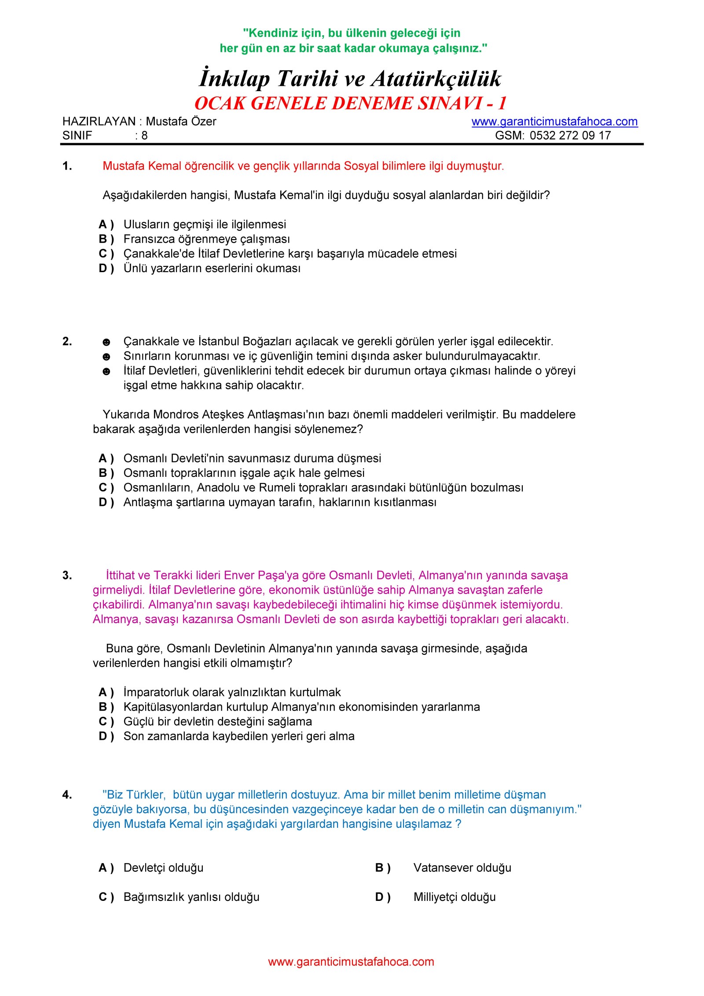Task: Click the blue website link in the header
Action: pos(554,122)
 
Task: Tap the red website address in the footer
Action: pos(351,962)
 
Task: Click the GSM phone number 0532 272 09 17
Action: pos(570,136)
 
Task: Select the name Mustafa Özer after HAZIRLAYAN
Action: pos(181,122)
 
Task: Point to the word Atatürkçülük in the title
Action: pos(436,79)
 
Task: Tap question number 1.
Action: pos(67,166)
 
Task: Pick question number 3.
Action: pos(67,575)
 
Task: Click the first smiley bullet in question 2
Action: pos(106,342)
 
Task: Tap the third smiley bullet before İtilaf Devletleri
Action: pos(106,372)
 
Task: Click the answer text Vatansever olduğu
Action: pos(462,868)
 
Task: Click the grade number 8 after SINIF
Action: pos(144,136)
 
